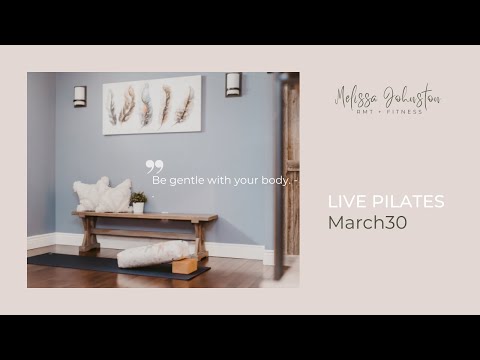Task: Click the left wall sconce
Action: point(79,96)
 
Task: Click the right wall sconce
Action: point(233,85)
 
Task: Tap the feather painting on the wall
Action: point(151,105)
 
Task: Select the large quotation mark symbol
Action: point(154,167)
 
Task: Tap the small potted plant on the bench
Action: point(139,202)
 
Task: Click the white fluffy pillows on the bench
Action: point(102,195)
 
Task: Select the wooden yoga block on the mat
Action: point(184,265)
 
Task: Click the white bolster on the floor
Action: point(152,254)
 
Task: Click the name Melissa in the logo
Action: point(356,97)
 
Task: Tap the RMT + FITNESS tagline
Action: point(387,112)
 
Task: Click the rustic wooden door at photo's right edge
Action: point(290,170)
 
